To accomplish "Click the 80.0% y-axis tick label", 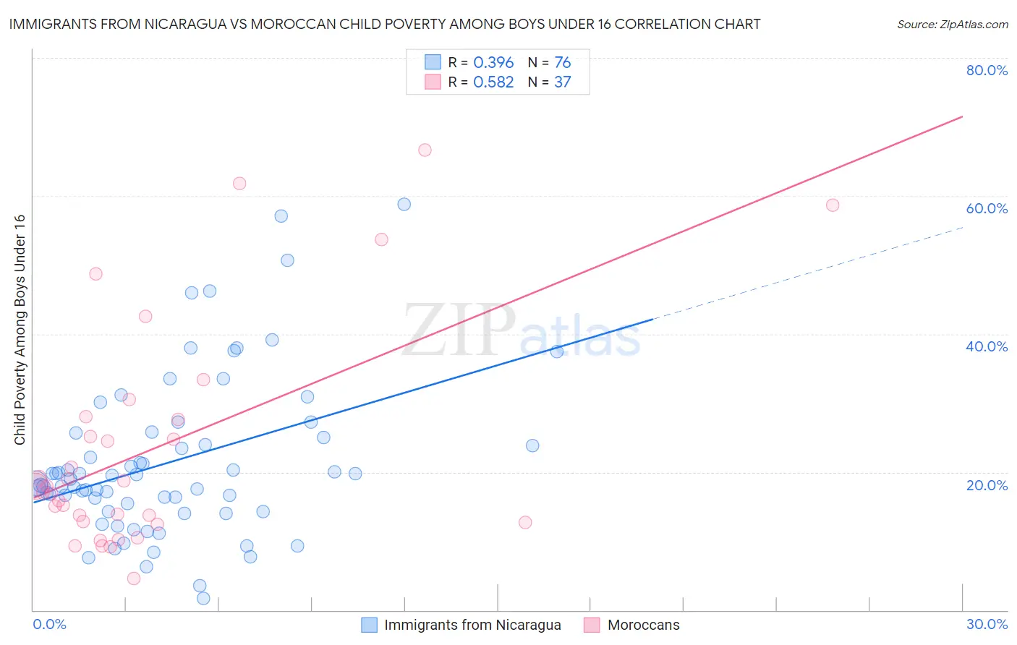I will coord(987,70).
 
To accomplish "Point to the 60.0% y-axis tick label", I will coord(987,208).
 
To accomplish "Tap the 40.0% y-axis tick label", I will coord(987,346).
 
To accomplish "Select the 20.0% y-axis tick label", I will coord(987,485).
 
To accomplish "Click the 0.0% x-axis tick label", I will coord(49,624).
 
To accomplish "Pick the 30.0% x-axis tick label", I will coord(987,624).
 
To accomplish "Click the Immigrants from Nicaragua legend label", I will coord(472,625).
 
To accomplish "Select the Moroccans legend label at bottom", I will coord(643,625).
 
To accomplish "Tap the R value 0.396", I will coord(493,62).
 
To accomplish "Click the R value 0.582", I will coord(493,82).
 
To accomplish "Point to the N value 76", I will coord(562,62).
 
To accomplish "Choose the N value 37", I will coord(562,82).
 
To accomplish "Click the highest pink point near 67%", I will coord(425,150).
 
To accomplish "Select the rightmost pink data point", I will coord(833,205).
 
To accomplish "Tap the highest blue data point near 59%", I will coord(404,204).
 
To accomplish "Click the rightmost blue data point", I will coord(557,351).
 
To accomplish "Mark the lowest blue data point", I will coord(203,598).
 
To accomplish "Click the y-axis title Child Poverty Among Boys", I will coord(20,330).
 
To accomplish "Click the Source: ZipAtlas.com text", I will coord(952,25).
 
